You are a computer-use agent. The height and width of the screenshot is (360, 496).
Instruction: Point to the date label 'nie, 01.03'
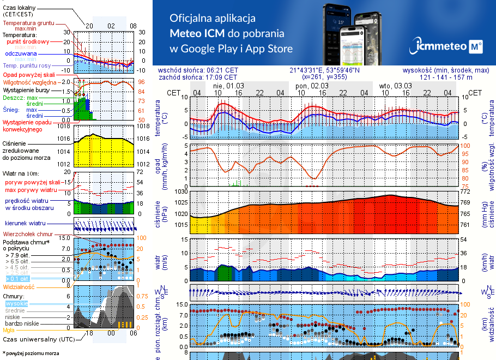click(228, 86)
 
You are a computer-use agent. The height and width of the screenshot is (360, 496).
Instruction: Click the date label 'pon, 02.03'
click(312, 86)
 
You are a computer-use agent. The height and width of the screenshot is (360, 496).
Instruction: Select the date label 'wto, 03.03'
click(395, 86)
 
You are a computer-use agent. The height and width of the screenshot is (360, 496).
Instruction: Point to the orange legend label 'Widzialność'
click(19, 286)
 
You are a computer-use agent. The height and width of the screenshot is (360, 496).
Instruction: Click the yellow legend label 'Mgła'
click(9, 330)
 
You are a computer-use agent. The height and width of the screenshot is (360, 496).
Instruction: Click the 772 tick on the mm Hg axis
click(466, 191)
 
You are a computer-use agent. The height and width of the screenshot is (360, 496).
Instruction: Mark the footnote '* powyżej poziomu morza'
click(30, 353)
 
